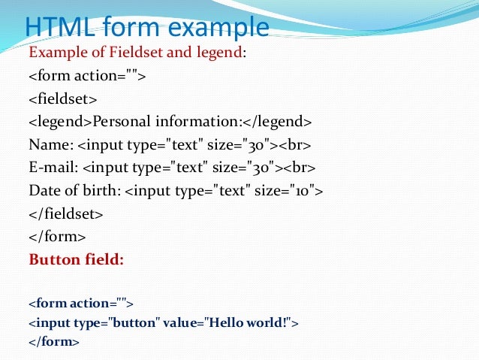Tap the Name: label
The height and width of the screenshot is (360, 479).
[x=51, y=144]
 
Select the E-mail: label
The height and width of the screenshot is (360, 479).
[x=53, y=167]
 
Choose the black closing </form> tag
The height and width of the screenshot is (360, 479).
[x=57, y=237]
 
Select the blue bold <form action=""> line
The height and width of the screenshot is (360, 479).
[x=80, y=304]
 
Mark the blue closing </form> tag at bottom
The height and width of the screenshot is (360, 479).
[x=53, y=342]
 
